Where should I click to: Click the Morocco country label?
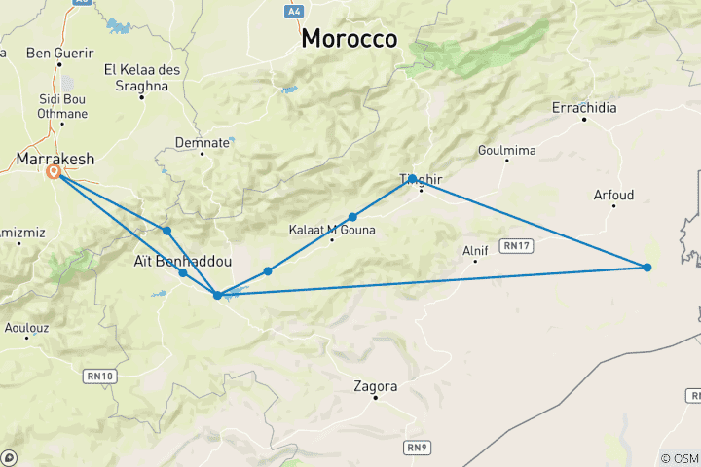click(x=350, y=38)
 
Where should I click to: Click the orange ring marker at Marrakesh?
click(x=54, y=172)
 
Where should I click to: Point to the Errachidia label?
click(x=584, y=108)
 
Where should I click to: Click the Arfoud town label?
click(x=613, y=196)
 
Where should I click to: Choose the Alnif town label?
click(x=475, y=250)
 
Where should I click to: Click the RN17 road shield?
click(x=516, y=245)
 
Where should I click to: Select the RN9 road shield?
click(x=418, y=447)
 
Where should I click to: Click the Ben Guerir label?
click(x=60, y=53)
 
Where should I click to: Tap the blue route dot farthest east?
click(x=646, y=267)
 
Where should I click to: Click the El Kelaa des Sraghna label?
click(x=136, y=78)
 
